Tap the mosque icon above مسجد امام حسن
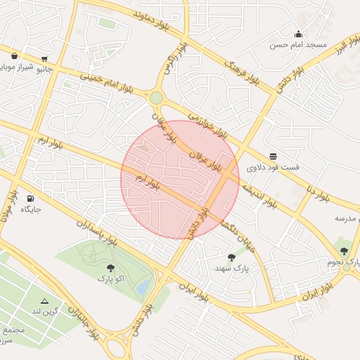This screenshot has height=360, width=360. pyautogui.click(x=298, y=34)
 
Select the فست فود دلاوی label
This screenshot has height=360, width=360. pyautogui.click(x=272, y=167)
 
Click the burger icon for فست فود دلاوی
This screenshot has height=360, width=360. pyautogui.click(x=273, y=156)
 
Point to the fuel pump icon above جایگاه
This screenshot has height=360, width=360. pyautogui.click(x=30, y=198)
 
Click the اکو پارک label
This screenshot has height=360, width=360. pyautogui.click(x=111, y=278)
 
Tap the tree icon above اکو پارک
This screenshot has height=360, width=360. pyautogui.click(x=110, y=267)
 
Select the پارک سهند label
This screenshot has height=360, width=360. pyautogui.click(x=233, y=269)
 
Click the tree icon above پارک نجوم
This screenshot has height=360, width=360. pyautogui.click(x=344, y=250)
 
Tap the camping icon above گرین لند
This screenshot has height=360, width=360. pyautogui.click(x=45, y=301)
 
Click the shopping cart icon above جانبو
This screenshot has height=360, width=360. pyautogui.click(x=45, y=59)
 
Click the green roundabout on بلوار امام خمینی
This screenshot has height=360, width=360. pyautogui.click(x=156, y=98)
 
